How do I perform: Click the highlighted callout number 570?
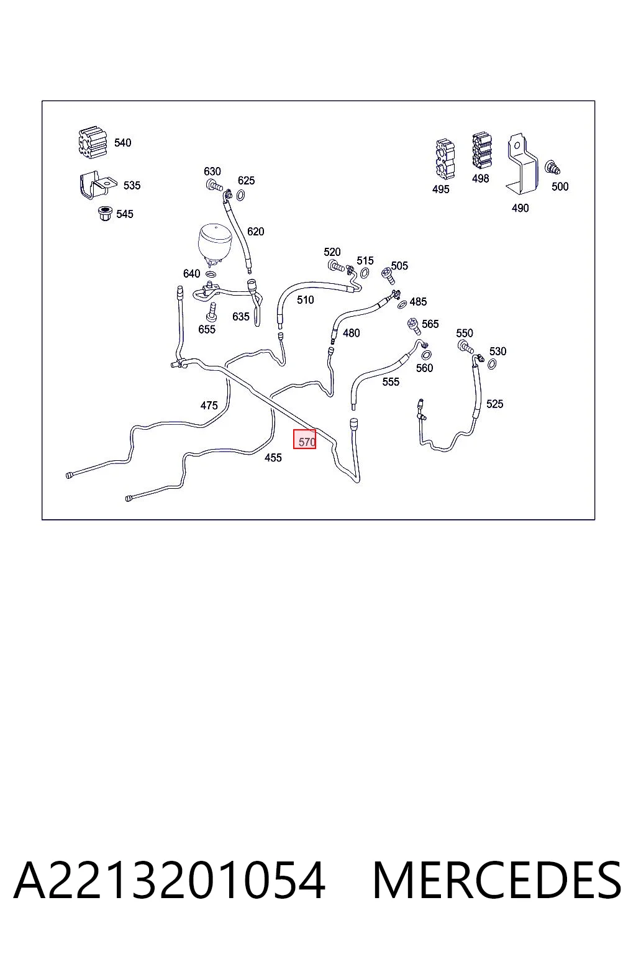pyautogui.click(x=307, y=442)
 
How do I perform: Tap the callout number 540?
pyautogui.click(x=123, y=143)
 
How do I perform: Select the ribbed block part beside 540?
pyautogui.click(x=92, y=142)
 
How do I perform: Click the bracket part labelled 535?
pyautogui.click(x=97, y=185)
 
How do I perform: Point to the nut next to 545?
pyautogui.click(x=104, y=214)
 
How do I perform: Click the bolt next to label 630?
pyautogui.click(x=214, y=185)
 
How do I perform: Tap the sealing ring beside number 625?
pyautogui.click(x=240, y=195)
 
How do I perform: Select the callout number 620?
pyautogui.click(x=256, y=231)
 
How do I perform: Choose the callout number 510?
pyautogui.click(x=306, y=300)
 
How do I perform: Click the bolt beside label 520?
pyautogui.click(x=336, y=266)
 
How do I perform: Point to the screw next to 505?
pyautogui.click(x=388, y=276)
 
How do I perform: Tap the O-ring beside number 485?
pyautogui.click(x=402, y=304)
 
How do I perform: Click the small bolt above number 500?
pyautogui.click(x=553, y=167)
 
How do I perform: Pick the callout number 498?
pyautogui.click(x=481, y=178)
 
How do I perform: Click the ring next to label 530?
pyautogui.click(x=492, y=364)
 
